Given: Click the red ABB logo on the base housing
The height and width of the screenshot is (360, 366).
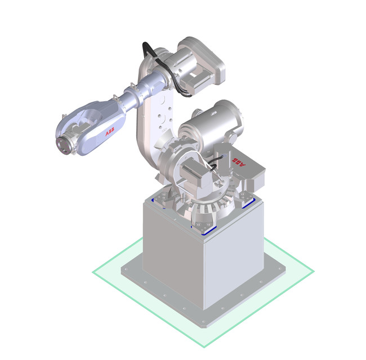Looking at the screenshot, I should [240, 163].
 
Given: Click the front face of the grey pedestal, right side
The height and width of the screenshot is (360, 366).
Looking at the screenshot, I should [233, 264].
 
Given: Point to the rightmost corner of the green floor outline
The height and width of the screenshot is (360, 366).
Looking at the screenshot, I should [313, 272].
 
